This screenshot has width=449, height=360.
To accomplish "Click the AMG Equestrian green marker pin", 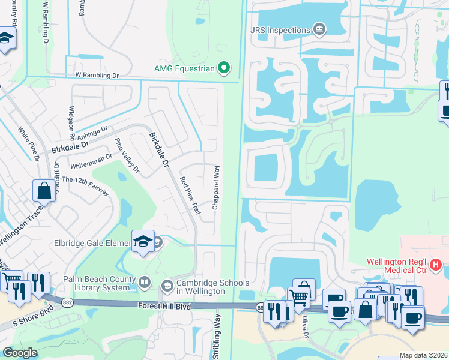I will (224, 68).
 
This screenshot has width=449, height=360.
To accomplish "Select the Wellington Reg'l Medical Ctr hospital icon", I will (436, 263).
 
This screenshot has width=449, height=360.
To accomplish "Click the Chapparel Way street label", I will (215, 188).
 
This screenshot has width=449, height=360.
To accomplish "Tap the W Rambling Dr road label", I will (97, 76).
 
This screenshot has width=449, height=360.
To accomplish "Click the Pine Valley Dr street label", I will (127, 156).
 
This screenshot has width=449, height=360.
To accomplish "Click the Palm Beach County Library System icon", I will (145, 281).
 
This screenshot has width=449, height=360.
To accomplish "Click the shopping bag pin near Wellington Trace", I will (44, 191).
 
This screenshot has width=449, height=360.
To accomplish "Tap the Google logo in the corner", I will (20, 353).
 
